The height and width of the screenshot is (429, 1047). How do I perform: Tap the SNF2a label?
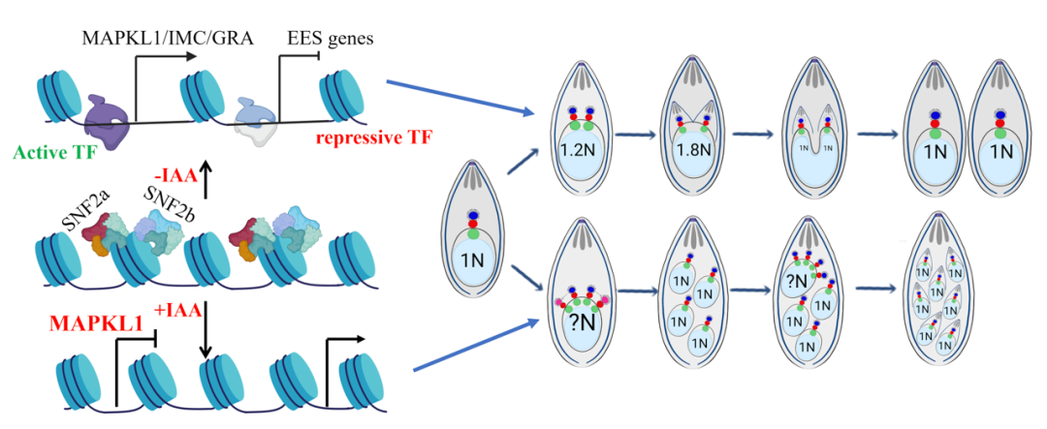click(86, 204)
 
